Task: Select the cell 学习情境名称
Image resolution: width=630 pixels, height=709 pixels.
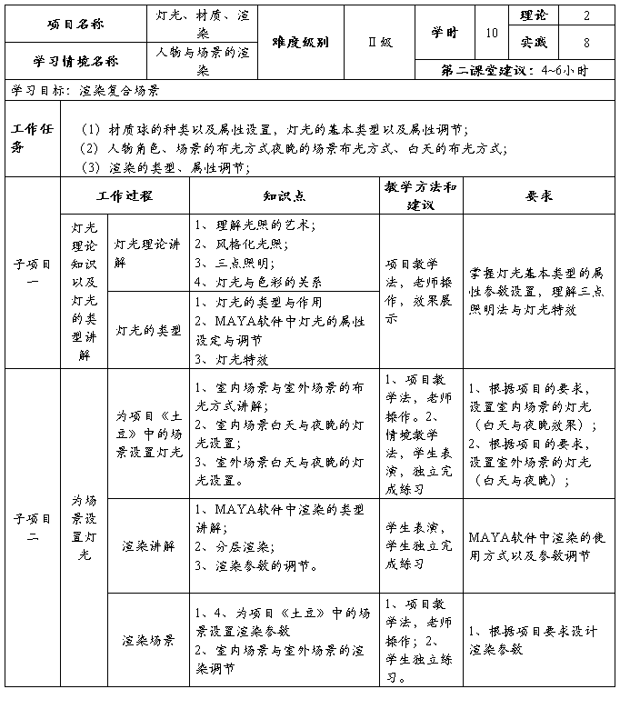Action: [75, 62]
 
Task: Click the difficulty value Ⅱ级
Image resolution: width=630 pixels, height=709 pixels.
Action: [379, 43]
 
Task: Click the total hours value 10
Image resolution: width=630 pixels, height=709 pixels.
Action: [492, 32]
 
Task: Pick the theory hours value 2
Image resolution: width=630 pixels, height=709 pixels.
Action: [586, 15]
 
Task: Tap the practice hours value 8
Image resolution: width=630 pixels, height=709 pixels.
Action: [586, 42]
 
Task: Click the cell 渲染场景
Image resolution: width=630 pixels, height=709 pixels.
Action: [148, 640]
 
